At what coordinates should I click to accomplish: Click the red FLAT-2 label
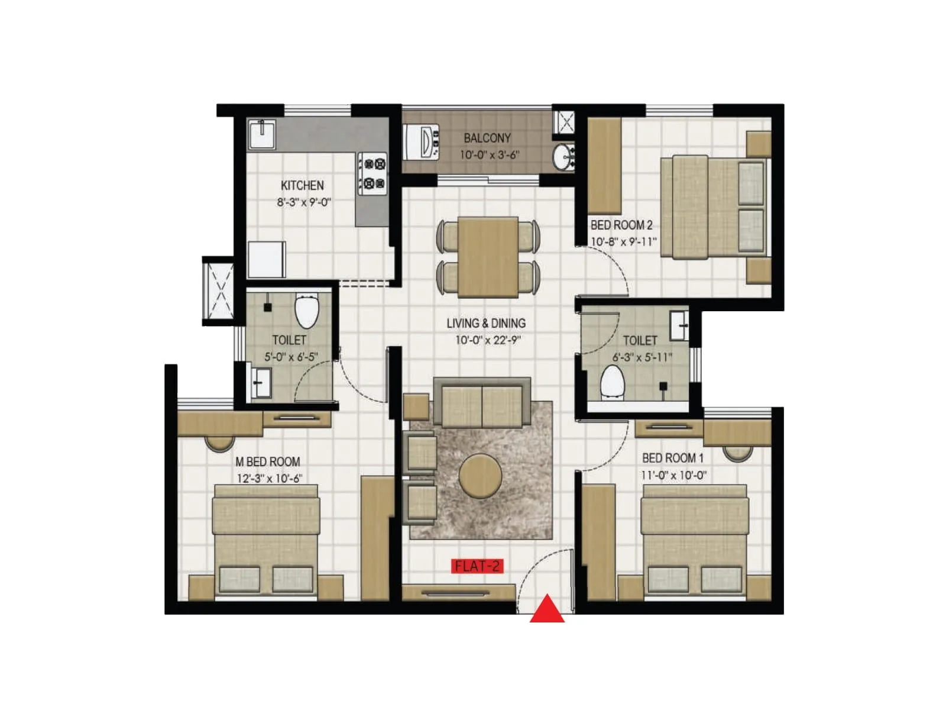[x=477, y=566]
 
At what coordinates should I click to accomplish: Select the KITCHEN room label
[x=302, y=185]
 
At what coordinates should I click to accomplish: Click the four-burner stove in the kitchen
[x=372, y=173]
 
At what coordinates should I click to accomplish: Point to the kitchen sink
[x=261, y=134]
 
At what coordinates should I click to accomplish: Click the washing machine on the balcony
[x=422, y=142]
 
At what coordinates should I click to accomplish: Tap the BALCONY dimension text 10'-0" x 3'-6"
[x=490, y=155]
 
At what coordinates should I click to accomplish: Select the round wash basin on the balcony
[x=563, y=157]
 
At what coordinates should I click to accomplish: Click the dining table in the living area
[x=488, y=257]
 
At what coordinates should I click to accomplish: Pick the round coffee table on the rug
[x=481, y=476]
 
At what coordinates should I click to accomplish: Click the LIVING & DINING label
[x=486, y=323]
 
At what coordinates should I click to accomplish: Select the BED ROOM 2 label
[x=621, y=225]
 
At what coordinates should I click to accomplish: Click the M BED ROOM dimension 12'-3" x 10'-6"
[x=269, y=478]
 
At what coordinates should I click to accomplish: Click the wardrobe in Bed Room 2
[x=604, y=166]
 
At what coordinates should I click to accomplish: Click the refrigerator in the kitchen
[x=267, y=259]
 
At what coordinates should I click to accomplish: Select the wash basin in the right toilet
[x=679, y=325]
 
